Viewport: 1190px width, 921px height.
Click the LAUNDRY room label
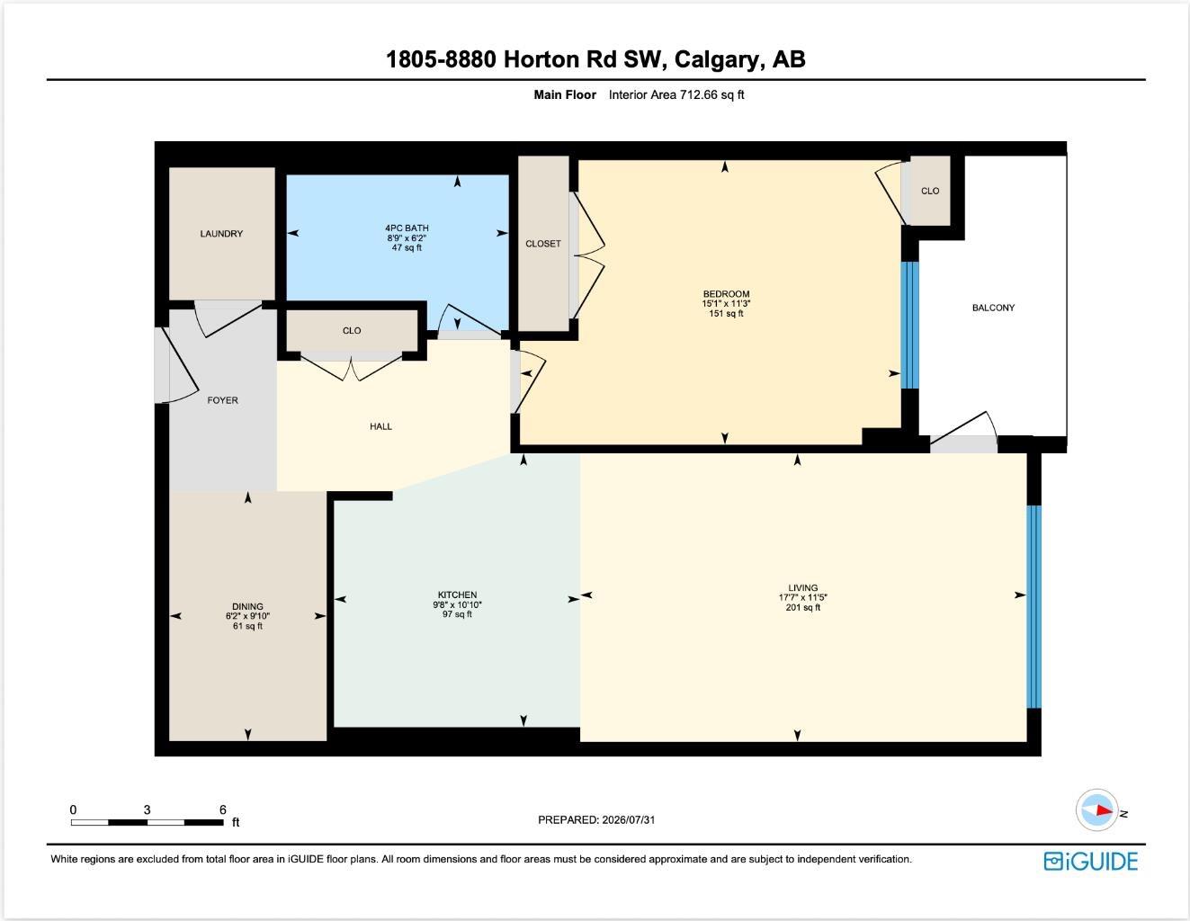(x=221, y=234)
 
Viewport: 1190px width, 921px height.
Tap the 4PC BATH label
(x=407, y=228)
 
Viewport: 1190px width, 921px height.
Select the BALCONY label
(x=993, y=308)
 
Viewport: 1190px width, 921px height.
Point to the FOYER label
(x=222, y=400)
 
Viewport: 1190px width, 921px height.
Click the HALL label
(x=380, y=426)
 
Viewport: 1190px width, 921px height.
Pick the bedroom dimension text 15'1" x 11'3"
(x=726, y=303)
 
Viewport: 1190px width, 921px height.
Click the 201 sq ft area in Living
(x=803, y=607)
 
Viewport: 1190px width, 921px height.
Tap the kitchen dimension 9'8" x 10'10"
(x=457, y=604)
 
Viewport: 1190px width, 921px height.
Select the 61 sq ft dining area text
(x=247, y=626)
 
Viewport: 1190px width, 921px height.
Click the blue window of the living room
(x=1033, y=607)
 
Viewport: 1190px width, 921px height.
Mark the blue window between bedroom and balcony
(x=910, y=326)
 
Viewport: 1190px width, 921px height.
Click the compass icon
(x=1096, y=809)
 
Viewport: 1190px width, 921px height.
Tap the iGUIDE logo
(x=1090, y=862)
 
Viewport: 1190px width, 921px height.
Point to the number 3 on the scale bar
(x=147, y=809)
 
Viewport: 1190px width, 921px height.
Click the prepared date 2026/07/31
(x=628, y=819)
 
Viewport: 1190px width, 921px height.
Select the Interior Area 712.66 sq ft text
(x=676, y=94)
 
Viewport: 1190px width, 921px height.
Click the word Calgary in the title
(x=719, y=59)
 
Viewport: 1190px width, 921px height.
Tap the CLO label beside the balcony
(x=930, y=191)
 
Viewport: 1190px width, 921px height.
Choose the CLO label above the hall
(x=352, y=331)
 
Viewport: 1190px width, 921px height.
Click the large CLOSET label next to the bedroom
(x=542, y=244)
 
